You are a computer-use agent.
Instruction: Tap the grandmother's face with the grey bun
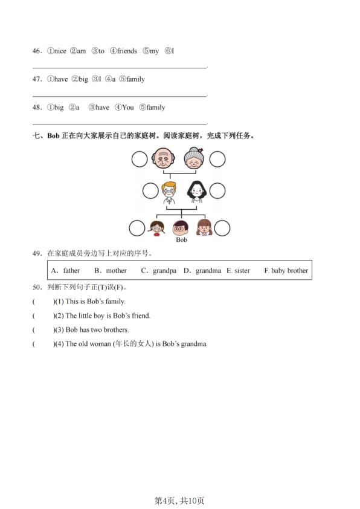tap(194, 160)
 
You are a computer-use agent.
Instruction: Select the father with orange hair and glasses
tap(169, 192)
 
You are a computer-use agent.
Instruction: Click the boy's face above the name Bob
tap(181, 228)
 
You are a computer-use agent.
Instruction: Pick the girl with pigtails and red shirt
tap(156, 228)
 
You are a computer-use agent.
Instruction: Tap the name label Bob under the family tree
tap(181, 240)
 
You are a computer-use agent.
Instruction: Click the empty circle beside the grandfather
tap(140, 160)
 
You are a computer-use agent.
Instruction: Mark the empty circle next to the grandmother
tap(217, 160)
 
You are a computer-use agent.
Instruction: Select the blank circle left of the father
tap(150, 192)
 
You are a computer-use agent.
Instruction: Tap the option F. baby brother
tap(286, 271)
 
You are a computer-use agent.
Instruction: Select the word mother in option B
tap(116, 271)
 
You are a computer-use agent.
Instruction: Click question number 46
tap(37, 51)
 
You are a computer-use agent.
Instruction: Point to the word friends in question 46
tap(127, 51)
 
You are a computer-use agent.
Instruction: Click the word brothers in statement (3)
tap(116, 330)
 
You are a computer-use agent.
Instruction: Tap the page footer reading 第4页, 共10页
tap(179, 501)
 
